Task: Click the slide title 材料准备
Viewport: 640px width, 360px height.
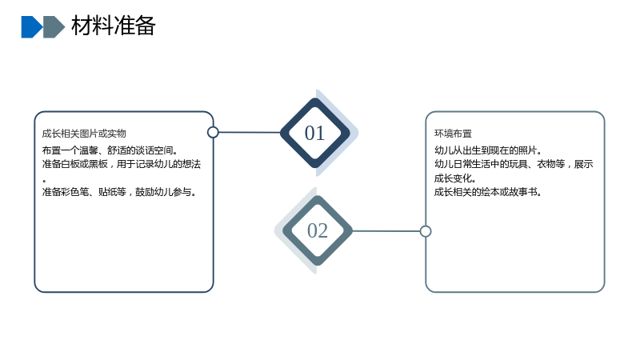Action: (113, 26)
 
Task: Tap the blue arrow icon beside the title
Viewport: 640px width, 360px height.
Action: (32, 27)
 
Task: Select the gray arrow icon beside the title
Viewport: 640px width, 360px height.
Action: (54, 27)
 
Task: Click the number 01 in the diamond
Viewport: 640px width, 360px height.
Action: (314, 133)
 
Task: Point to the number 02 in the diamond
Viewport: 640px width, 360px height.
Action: (318, 230)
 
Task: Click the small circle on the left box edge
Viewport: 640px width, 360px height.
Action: (213, 132)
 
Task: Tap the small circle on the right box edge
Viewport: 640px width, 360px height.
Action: (426, 231)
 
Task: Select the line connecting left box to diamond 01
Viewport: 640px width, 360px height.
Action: (250, 132)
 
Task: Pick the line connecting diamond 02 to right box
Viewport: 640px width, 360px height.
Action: (386, 231)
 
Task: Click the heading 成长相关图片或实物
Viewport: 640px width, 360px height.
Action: (84, 134)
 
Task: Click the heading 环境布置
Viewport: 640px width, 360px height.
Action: (453, 134)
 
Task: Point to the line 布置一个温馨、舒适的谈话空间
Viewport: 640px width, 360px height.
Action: (110, 150)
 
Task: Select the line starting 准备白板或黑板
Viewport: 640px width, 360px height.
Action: (122, 164)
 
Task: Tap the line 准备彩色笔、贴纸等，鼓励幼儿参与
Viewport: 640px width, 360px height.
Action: (118, 192)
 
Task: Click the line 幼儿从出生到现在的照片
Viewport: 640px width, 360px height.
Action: (488, 150)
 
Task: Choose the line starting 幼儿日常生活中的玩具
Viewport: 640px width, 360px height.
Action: (514, 164)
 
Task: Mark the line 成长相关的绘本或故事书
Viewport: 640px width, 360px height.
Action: (488, 192)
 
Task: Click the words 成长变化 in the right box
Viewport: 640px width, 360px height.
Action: (453, 178)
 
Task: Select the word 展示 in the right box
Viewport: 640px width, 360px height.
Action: (584, 164)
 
